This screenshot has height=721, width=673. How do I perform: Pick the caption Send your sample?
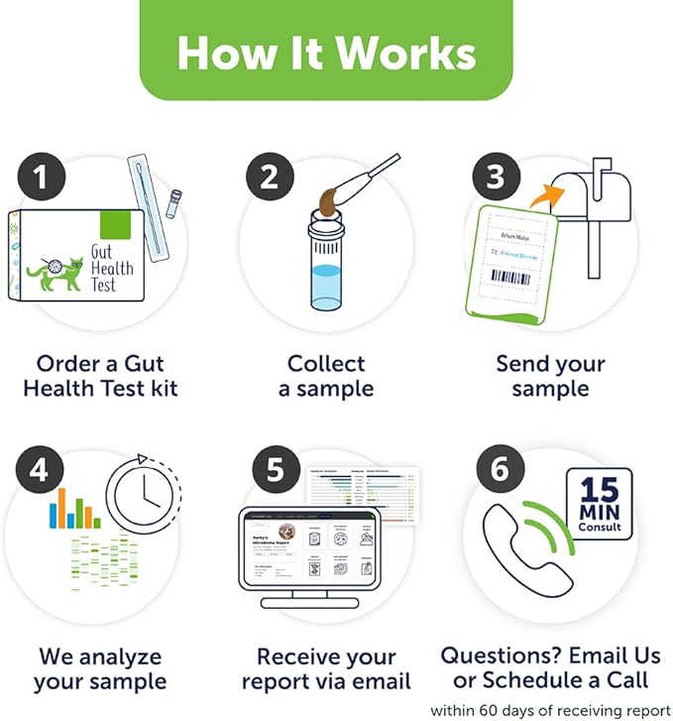point(550,376)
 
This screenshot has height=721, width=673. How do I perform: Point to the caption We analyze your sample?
point(100,668)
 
